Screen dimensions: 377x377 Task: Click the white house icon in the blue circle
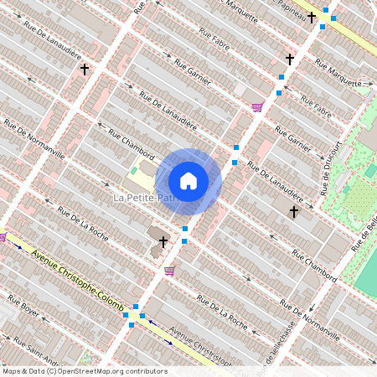188,180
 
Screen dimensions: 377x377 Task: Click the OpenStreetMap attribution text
84,371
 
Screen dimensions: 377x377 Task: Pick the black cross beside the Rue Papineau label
311,16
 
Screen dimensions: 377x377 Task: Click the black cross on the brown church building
163,242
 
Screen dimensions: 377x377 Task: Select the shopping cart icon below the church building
170,271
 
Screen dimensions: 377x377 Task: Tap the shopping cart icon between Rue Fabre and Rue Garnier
256,106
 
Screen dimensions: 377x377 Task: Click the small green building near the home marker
133,170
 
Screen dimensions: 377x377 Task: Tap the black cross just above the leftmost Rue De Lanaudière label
84,70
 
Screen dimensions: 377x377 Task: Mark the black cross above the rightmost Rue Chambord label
293,213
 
